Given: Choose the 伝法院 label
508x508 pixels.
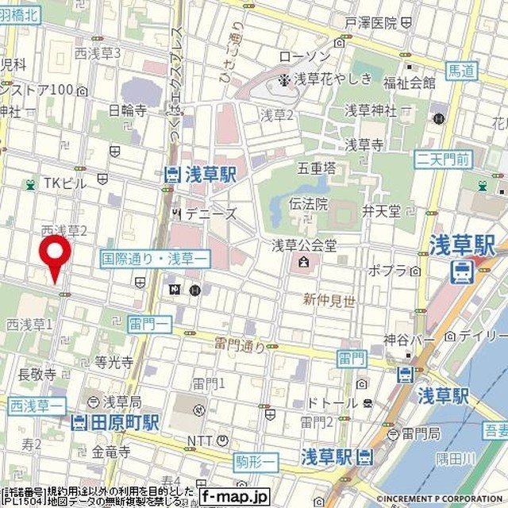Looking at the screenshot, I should (x=312, y=203).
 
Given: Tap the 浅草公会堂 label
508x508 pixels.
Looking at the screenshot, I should (x=305, y=244).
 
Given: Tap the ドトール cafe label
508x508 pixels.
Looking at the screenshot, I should (x=333, y=403).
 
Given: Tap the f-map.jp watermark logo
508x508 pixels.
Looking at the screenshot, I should (x=236, y=498).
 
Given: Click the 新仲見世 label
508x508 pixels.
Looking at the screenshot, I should (x=328, y=299).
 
